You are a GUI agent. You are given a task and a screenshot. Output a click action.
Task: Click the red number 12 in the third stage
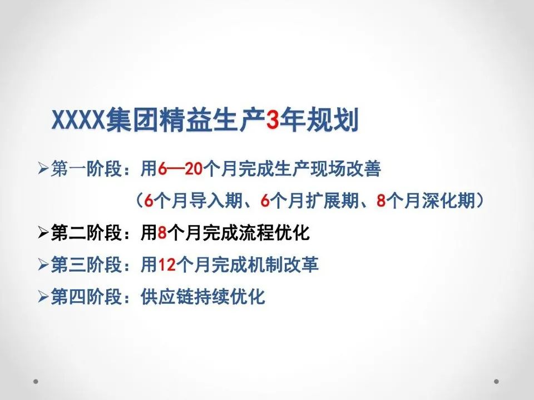tap(167, 265)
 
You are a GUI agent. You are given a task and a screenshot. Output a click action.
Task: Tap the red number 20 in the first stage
tap(193, 169)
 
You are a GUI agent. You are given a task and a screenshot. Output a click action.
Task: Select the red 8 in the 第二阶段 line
tap(162, 233)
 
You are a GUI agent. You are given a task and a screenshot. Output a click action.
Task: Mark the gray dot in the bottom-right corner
tap(497, 382)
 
